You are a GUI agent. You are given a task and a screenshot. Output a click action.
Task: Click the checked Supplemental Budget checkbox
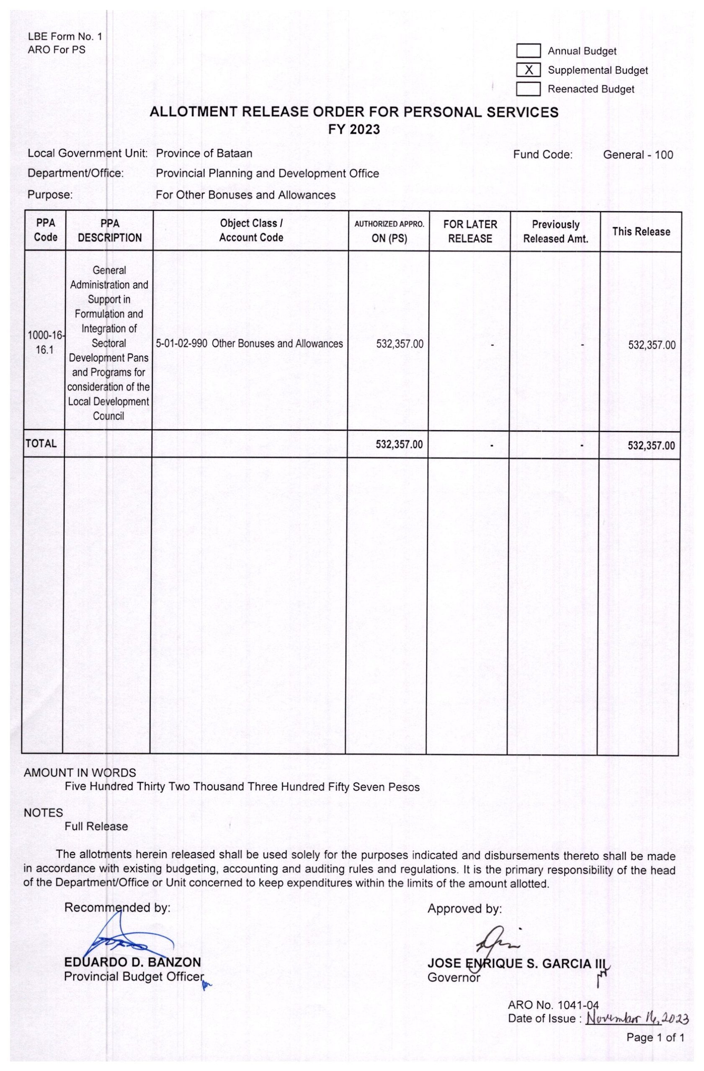(x=528, y=70)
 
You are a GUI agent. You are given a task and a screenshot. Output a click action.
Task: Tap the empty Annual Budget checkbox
(x=528, y=51)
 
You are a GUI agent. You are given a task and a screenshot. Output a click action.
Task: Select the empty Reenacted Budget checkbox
(x=528, y=89)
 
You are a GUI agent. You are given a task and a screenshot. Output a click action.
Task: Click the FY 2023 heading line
(x=353, y=130)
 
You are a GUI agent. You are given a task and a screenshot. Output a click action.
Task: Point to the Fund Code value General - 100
(x=637, y=155)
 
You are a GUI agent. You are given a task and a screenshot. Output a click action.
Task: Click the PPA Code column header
(x=46, y=230)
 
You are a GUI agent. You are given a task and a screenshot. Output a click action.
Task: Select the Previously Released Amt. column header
(x=555, y=231)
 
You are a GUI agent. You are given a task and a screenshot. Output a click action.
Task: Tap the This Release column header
(x=640, y=232)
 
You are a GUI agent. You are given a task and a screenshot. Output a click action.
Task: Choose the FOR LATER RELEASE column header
(x=470, y=231)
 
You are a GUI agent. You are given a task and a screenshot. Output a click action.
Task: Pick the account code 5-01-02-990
(x=181, y=344)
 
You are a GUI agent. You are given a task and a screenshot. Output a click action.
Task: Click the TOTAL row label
(x=41, y=444)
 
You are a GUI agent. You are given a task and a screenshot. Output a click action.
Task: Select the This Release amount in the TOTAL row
(x=651, y=446)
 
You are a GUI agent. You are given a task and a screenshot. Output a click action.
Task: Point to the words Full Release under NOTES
(x=96, y=826)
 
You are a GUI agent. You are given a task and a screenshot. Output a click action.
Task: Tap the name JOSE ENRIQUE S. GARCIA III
(x=517, y=963)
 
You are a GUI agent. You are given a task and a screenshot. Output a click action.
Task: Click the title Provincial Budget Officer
(x=133, y=976)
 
